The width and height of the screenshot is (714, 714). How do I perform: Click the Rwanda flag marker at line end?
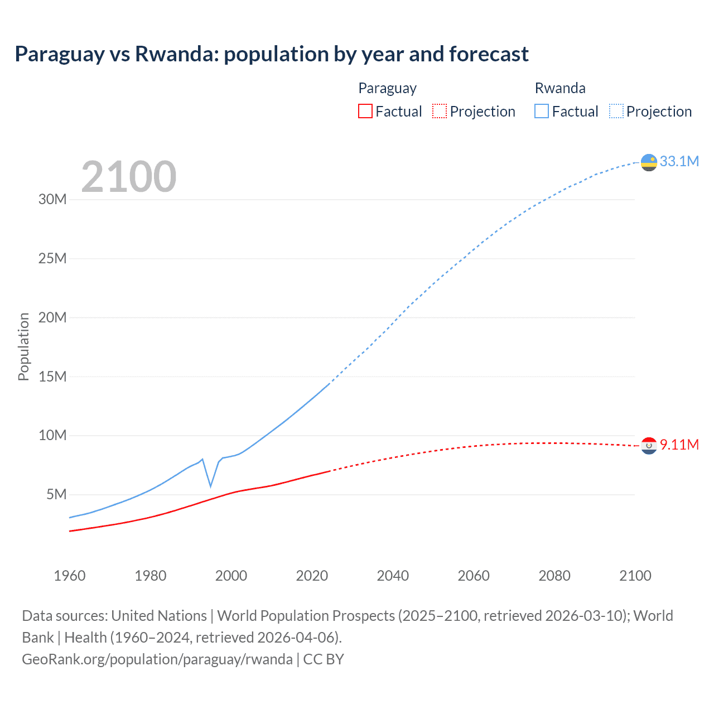point(649,162)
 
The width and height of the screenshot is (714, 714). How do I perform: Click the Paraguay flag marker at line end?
point(649,446)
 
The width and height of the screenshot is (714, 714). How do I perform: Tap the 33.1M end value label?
point(679,161)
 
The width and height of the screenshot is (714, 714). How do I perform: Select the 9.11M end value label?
point(679,445)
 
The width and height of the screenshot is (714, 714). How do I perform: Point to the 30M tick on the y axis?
point(52,199)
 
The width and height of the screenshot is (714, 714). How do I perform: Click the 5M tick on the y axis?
point(56,494)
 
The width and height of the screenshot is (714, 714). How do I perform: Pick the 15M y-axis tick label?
point(52,377)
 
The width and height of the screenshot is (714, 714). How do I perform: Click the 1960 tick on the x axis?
point(70,576)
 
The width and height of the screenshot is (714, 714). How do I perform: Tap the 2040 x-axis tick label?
point(393,576)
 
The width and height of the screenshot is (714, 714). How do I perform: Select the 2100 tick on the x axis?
point(635,576)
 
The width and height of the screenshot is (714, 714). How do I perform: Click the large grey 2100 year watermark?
point(129,177)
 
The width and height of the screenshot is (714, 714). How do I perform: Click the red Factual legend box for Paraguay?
point(365,111)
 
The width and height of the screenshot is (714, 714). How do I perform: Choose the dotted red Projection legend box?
point(440,111)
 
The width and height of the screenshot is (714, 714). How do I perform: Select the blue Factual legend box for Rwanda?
point(541,111)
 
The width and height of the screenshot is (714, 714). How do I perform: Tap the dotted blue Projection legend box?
point(616,111)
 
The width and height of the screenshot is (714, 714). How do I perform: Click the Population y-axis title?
point(23,346)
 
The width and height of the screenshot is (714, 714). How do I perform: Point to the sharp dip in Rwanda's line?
point(211,486)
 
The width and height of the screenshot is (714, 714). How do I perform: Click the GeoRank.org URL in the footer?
point(157,659)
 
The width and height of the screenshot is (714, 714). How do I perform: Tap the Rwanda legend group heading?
point(559,88)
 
